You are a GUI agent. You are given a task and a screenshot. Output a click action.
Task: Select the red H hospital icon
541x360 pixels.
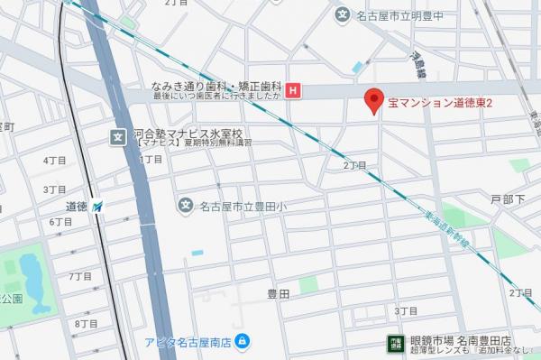pyautogui.click(x=292, y=90)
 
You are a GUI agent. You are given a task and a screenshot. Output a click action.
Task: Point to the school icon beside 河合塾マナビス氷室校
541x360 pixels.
pyautogui.click(x=118, y=136)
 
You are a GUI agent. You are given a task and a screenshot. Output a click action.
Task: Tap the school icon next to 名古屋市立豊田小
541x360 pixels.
pyautogui.click(x=186, y=205)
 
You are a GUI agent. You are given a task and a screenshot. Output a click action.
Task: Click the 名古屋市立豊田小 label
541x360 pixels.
pyautogui.click(x=241, y=206)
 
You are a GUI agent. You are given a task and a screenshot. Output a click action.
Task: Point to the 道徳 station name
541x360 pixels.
pyautogui.click(x=76, y=207)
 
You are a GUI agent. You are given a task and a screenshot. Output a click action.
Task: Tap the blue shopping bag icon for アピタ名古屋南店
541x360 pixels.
pyautogui.click(x=243, y=341)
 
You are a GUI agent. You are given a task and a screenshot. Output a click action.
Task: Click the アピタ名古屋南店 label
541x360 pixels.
pyautogui.click(x=188, y=342)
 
